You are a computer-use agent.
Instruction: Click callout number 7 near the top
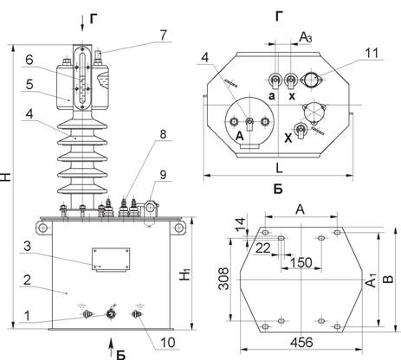[x=163, y=35]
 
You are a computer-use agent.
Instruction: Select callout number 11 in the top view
[x=372, y=53]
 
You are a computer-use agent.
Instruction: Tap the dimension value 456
[x=301, y=343]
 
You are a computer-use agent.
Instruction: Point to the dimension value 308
[x=223, y=279]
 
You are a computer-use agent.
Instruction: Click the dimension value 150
[x=301, y=263]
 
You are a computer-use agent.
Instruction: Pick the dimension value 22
[x=263, y=248]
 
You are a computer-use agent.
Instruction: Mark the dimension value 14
[x=240, y=225]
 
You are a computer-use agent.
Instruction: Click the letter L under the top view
[x=279, y=168]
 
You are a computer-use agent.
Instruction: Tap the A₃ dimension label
[x=306, y=37]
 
